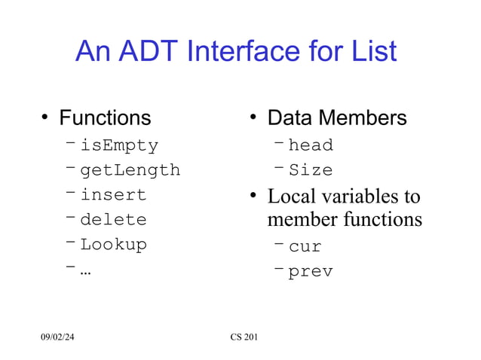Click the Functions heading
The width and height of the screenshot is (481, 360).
pyautogui.click(x=105, y=118)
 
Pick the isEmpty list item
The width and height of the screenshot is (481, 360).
pyautogui.click(x=119, y=145)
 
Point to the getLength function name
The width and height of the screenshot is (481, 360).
pyautogui.click(x=130, y=170)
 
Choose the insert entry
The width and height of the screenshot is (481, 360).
pyautogui.click(x=113, y=195)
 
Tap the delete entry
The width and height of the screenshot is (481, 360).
pyautogui.click(x=113, y=221)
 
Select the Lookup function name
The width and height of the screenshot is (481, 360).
pyautogui.click(x=113, y=245)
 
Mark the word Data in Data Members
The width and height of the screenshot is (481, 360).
pyautogui.click(x=290, y=118)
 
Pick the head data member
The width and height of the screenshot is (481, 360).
pyautogui.click(x=311, y=145)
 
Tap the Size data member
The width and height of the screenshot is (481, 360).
pyautogui.click(x=311, y=170)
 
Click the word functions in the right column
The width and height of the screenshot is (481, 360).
pyautogui.click(x=381, y=221)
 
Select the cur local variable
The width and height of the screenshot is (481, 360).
pyautogui.click(x=305, y=246)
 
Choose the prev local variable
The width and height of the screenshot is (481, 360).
pyautogui.click(x=311, y=272)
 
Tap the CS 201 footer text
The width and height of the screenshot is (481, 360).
pyautogui.click(x=244, y=335)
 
